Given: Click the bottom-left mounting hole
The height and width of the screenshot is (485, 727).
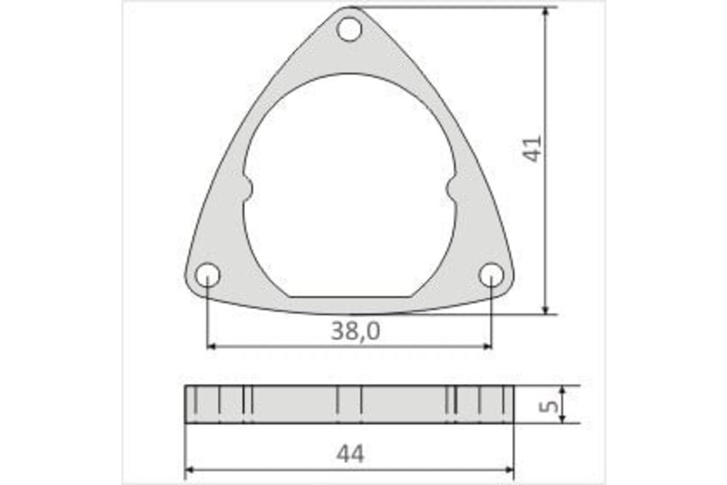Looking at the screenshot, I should [x=208, y=276].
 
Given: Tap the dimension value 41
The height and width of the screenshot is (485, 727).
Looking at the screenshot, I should [x=533, y=148].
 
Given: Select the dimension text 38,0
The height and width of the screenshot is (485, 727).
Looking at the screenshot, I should [x=356, y=332].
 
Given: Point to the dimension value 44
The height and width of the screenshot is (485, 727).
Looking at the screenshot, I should [x=350, y=454].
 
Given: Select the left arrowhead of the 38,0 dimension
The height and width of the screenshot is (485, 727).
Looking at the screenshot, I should [x=213, y=347].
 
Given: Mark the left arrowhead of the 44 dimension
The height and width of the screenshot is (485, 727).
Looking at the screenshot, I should [x=190, y=470].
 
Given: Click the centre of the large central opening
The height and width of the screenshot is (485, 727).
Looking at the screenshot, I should [x=350, y=189].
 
